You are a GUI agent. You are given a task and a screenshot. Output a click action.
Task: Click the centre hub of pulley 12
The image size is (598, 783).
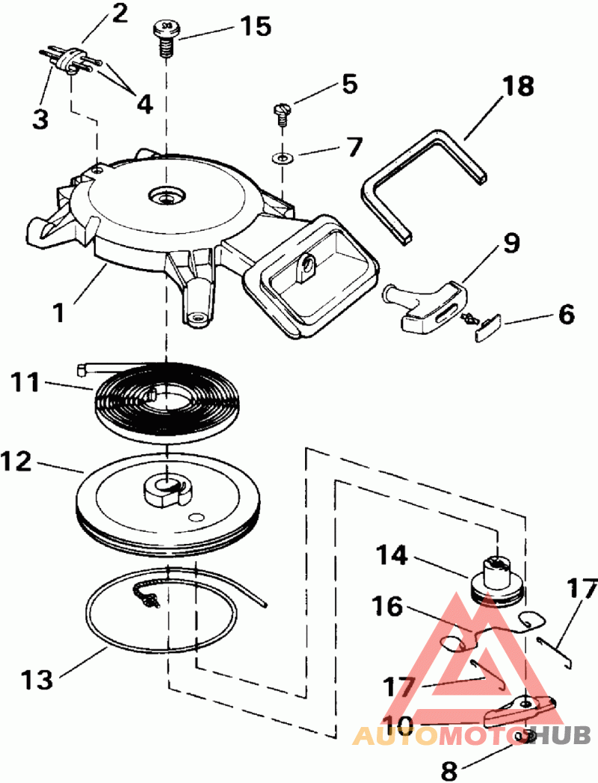pyautogui.click(x=164, y=489)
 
